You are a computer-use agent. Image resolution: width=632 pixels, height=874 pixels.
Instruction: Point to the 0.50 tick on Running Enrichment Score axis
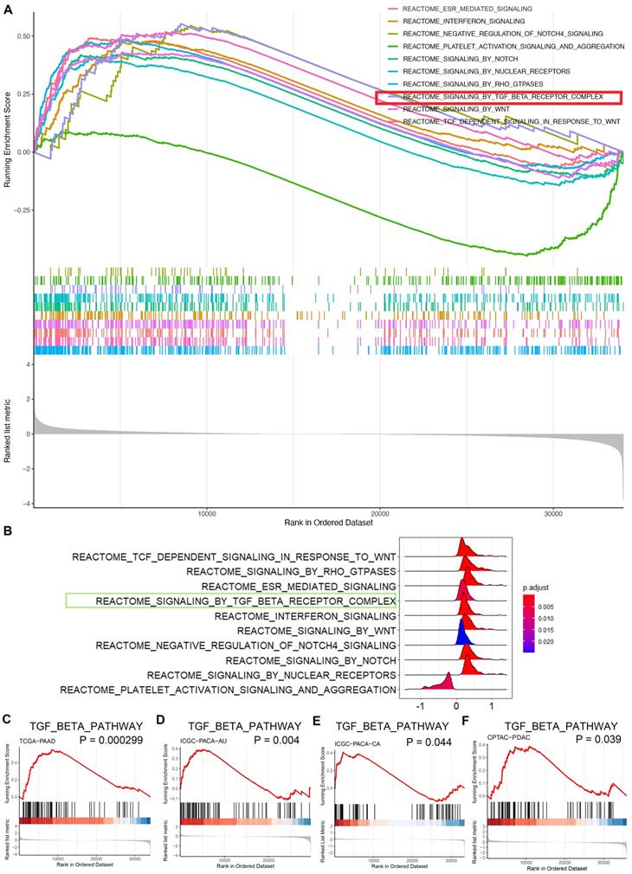pyautogui.click(x=23, y=35)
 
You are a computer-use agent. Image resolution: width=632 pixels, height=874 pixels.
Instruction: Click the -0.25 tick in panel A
pyautogui.click(x=22, y=210)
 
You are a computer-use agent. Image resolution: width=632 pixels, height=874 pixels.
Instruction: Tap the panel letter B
pyautogui.click(x=8, y=533)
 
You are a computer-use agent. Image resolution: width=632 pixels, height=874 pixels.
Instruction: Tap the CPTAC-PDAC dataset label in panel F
pyautogui.click(x=510, y=742)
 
